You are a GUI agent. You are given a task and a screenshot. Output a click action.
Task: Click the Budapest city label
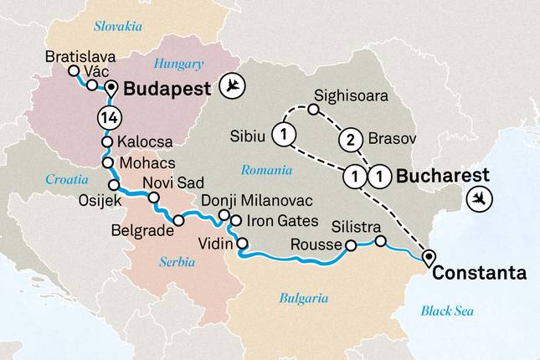click(166, 89)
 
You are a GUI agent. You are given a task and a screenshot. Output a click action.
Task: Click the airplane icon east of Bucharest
click(481, 198)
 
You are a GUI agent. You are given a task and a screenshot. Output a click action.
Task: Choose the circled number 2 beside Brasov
click(351, 140)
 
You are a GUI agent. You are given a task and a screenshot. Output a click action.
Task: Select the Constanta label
click(480, 273)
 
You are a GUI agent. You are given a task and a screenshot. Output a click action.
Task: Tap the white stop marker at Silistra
click(380, 241)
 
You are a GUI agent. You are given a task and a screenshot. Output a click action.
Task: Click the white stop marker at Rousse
click(351, 246)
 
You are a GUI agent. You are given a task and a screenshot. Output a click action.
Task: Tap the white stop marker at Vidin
click(243, 244)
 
